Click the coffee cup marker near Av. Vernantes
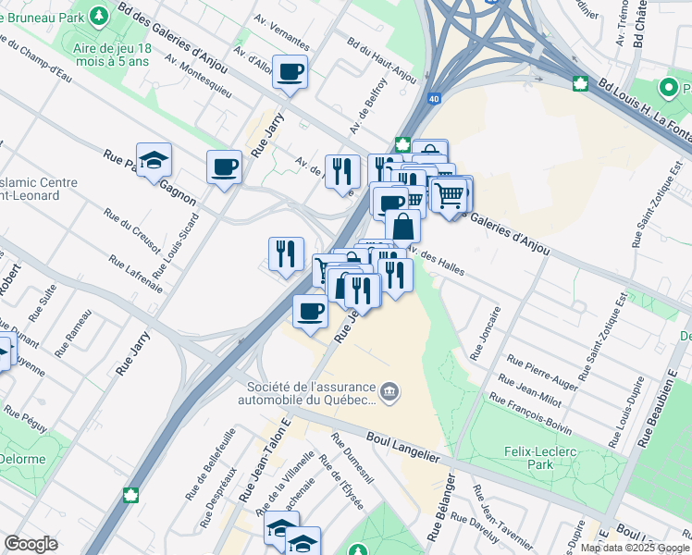290,71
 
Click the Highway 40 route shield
434,96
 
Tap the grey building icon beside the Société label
390,394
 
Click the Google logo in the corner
31,544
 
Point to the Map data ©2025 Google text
635,548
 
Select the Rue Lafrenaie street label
135,274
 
